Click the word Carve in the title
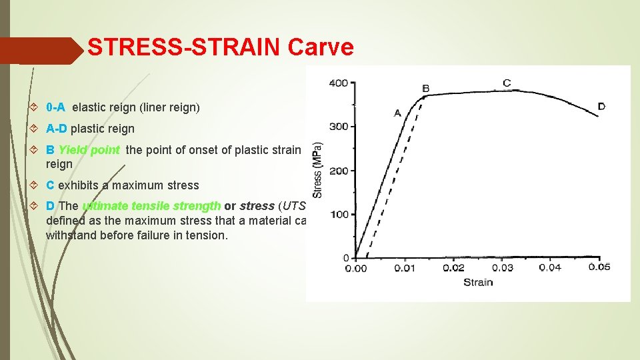pyautogui.click(x=321, y=47)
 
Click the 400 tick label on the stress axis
pyautogui.click(x=339, y=83)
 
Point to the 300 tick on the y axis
pyautogui.click(x=339, y=127)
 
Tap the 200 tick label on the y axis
pyautogui.click(x=339, y=171)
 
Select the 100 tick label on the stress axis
pyautogui.click(x=339, y=214)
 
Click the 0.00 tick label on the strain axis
pyautogui.click(x=355, y=268)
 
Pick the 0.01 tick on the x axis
pyautogui.click(x=404, y=268)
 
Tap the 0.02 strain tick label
pyautogui.click(x=454, y=268)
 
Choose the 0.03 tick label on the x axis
pyautogui.click(x=503, y=268)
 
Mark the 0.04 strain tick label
pyautogui.click(x=551, y=268)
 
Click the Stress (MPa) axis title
pyautogui.click(x=319, y=169)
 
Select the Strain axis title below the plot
pyautogui.click(x=478, y=282)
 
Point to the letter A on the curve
pyautogui.click(x=397, y=113)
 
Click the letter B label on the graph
pyautogui.click(x=426, y=88)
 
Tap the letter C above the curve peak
pyautogui.click(x=507, y=83)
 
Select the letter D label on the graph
pyautogui.click(x=601, y=106)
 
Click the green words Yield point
pyautogui.click(x=89, y=150)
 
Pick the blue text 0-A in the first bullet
pyautogui.click(x=55, y=107)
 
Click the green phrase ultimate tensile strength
pyautogui.click(x=151, y=206)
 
